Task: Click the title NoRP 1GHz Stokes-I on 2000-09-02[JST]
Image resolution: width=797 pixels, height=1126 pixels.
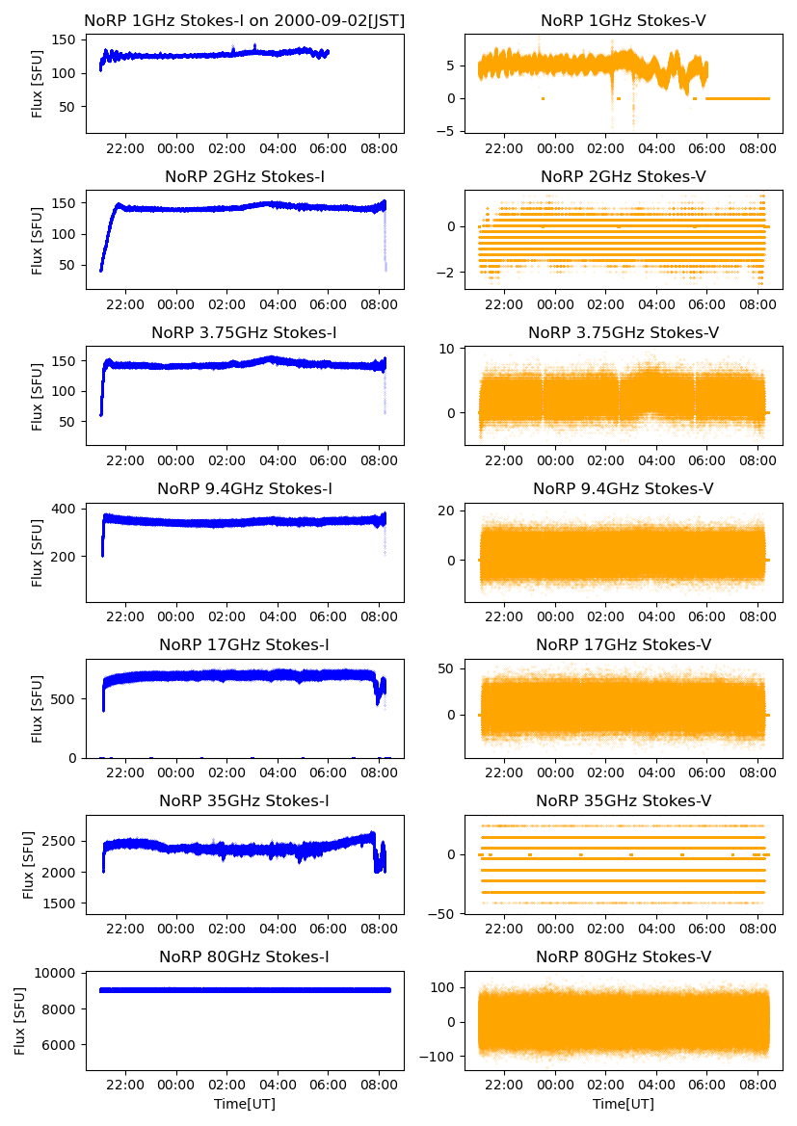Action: point(245,20)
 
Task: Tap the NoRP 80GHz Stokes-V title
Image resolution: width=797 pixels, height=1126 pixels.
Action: point(624,956)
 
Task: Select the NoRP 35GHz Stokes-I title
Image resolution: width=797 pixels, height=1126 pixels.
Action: point(245,800)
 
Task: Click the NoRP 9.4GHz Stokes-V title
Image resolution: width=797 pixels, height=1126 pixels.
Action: point(624,489)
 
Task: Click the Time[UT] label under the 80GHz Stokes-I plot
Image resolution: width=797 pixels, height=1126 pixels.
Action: point(245,1104)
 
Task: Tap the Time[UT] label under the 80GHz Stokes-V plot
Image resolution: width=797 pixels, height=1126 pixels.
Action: point(624,1104)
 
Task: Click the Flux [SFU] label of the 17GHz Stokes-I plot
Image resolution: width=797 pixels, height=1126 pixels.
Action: point(38,708)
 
